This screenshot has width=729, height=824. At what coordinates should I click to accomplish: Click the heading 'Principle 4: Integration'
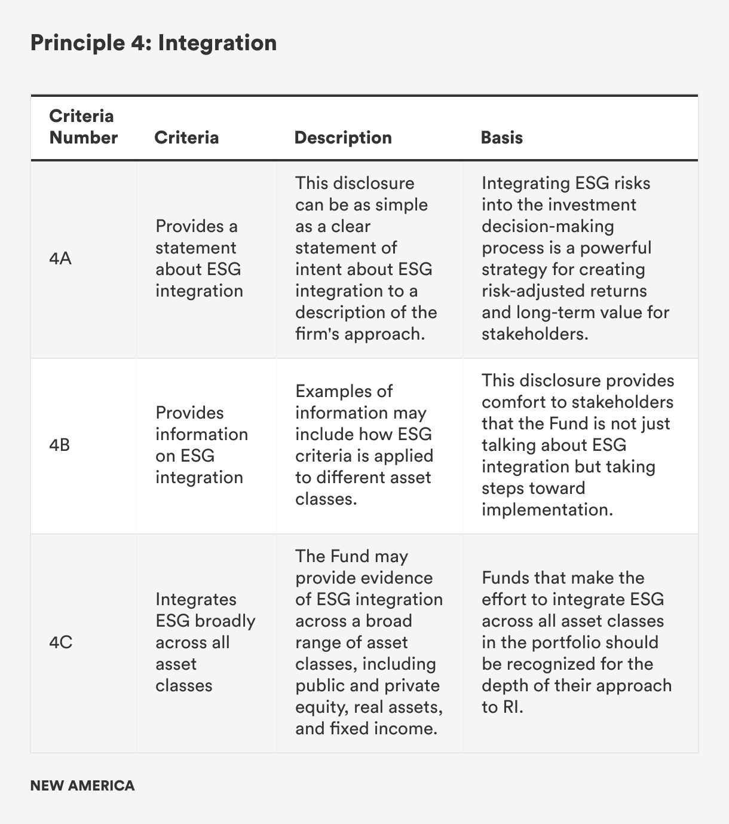coord(154,43)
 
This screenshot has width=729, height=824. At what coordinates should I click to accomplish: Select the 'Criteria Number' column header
coord(83,127)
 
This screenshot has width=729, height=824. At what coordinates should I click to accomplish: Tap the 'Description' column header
coord(343,138)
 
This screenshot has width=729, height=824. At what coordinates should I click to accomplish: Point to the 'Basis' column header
coord(501,138)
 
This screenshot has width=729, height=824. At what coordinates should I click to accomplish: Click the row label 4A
coord(60,259)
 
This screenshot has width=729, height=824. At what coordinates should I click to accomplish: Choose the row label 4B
coord(60,445)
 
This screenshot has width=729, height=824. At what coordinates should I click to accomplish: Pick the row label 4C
coord(60,643)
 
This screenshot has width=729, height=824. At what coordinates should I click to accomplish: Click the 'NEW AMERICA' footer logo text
coord(82,785)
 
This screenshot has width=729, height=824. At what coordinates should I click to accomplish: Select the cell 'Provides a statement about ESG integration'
coord(199,258)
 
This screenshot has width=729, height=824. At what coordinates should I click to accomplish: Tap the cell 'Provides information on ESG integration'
coord(201,445)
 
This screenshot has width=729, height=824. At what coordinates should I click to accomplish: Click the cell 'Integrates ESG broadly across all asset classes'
coord(205,642)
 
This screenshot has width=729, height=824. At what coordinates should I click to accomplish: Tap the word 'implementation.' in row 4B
coord(547,509)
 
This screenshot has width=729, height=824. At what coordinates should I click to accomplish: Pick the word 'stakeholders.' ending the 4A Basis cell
coord(535,334)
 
